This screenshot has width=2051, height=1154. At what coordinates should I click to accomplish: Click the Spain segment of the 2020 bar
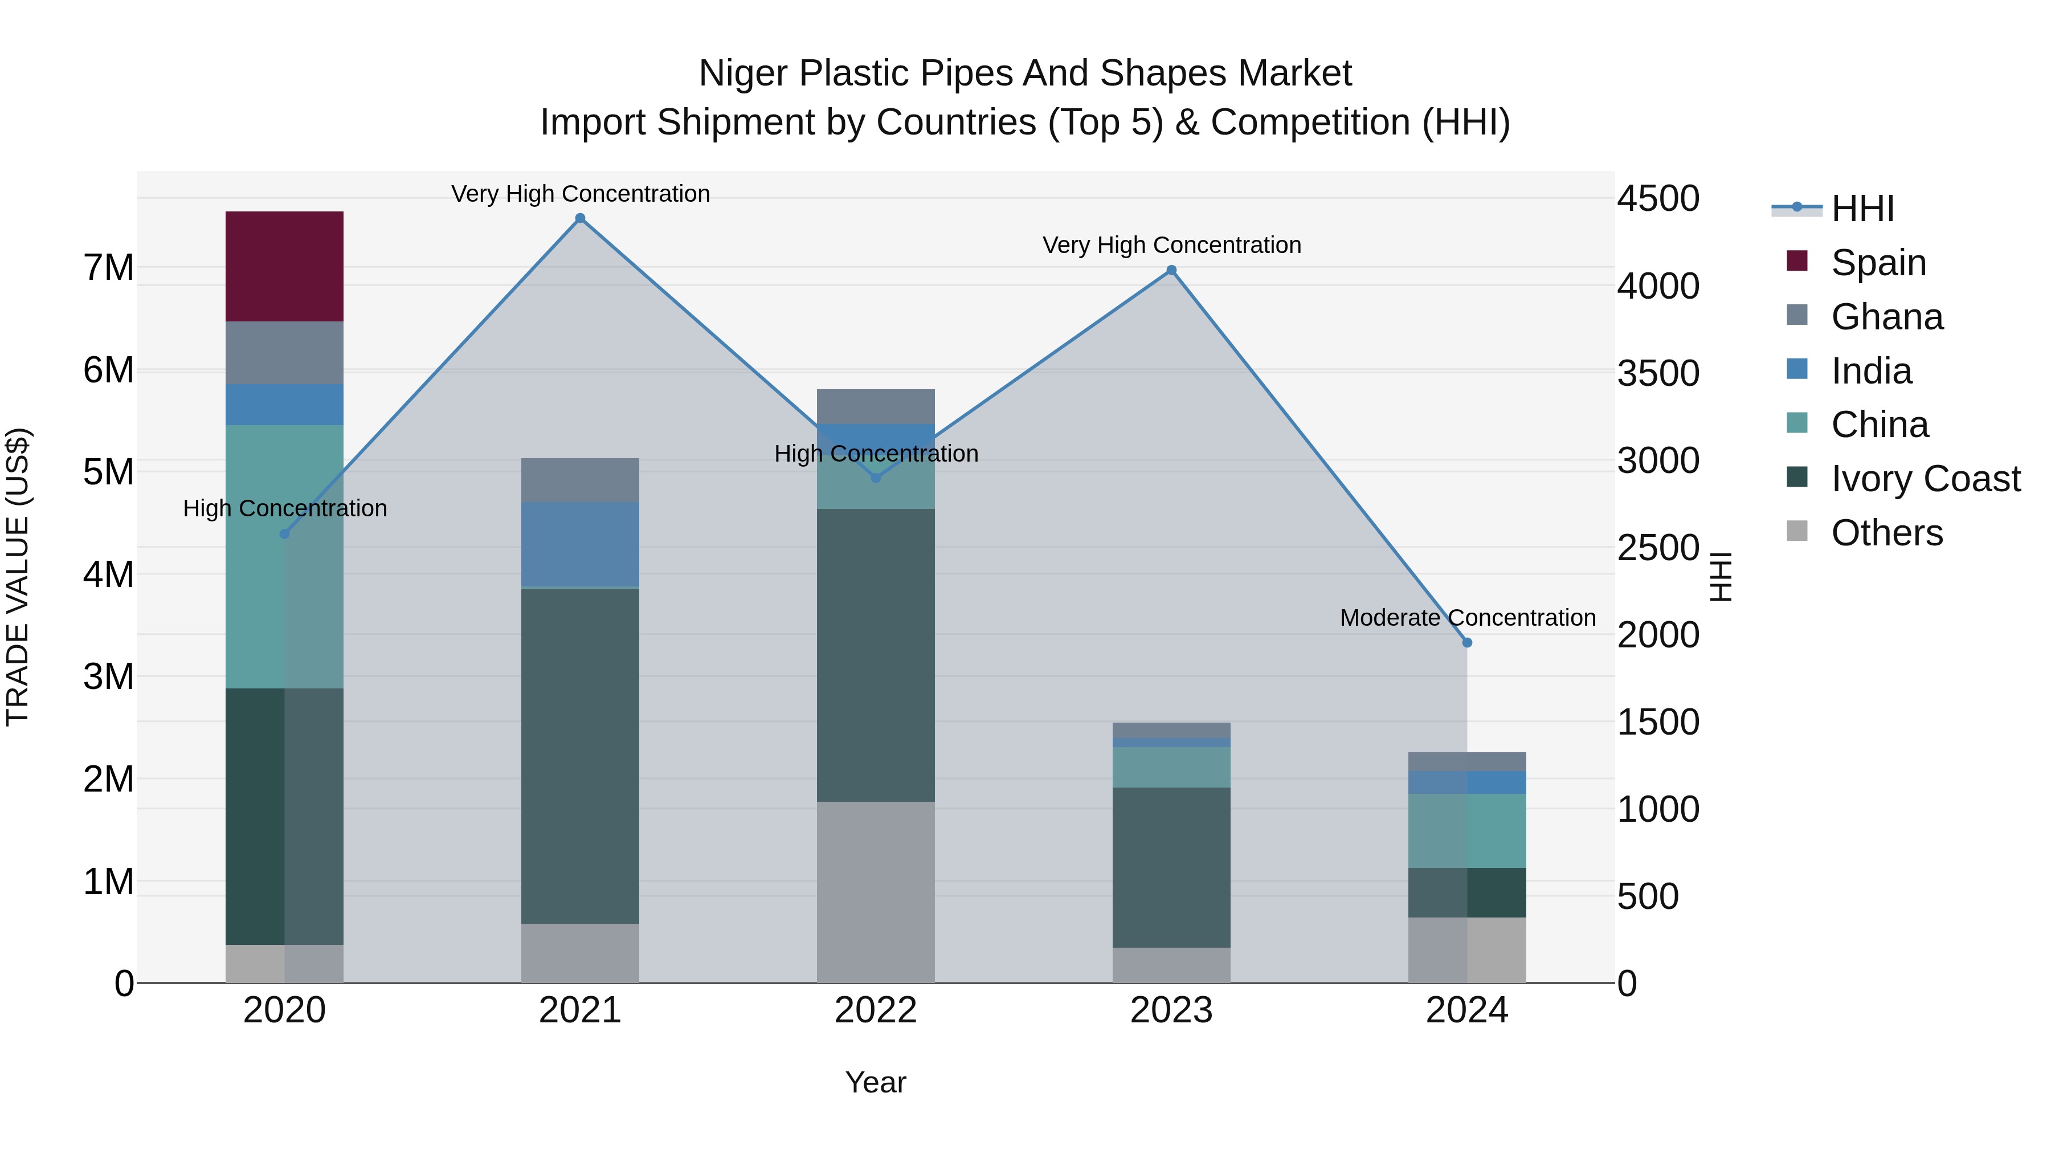coord(284,266)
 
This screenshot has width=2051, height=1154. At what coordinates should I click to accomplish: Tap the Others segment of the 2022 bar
coord(875,892)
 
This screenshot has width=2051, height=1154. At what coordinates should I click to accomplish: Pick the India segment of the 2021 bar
coord(579,544)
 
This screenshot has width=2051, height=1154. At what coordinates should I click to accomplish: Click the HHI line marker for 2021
coord(579,218)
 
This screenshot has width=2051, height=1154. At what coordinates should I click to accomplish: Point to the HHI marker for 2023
coord(1171,271)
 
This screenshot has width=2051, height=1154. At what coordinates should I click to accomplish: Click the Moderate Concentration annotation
coord(1468,618)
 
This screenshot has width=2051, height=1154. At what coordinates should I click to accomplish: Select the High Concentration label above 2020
coord(285,508)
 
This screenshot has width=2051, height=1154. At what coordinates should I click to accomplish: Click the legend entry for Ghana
coord(1886,317)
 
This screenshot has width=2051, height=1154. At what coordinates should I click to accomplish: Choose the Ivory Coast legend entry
coord(1925,479)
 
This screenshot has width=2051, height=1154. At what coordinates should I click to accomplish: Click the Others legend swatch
coord(1797,531)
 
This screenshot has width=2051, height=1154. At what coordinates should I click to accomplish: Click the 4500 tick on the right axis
coord(1658,198)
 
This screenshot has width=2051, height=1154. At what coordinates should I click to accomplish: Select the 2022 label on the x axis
coord(875,1010)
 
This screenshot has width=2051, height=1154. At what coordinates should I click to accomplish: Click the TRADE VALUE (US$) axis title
coord(18,577)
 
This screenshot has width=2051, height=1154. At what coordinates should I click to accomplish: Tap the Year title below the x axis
coord(875,1082)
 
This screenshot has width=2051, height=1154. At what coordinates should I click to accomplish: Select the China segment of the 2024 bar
coord(1468,831)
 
